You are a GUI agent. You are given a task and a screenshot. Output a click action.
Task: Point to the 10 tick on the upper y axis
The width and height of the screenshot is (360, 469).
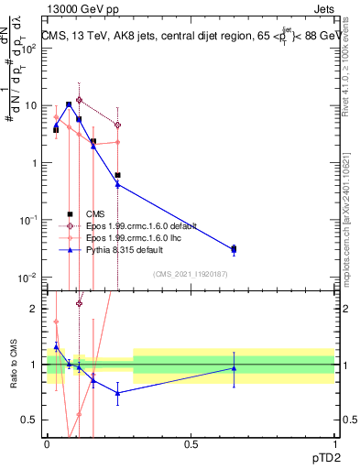point(31,106)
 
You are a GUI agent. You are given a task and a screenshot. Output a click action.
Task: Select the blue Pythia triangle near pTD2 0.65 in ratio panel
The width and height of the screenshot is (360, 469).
point(234,368)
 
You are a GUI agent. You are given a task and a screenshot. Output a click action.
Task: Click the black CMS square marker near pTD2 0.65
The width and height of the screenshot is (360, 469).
point(234,248)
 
